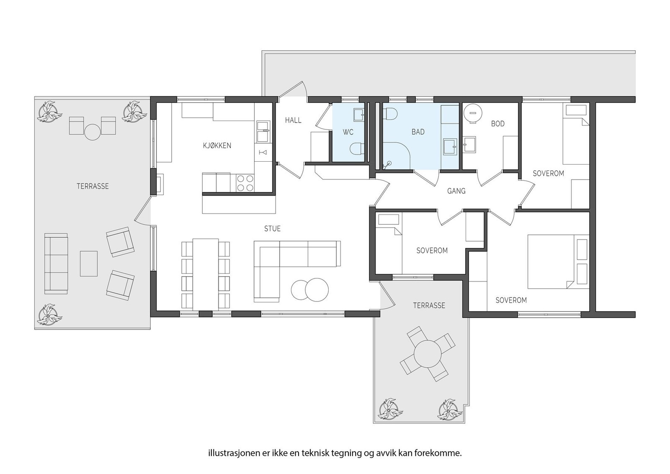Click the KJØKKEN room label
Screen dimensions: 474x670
point(217,146)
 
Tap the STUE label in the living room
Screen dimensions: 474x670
point(272,229)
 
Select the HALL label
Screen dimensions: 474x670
point(293,120)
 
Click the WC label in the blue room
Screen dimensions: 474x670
point(348,132)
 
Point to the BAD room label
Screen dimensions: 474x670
point(418,132)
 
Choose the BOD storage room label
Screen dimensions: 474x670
point(498,124)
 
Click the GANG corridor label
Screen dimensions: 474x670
point(456,191)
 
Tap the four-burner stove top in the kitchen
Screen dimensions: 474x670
point(245,183)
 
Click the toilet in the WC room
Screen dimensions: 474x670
point(356,149)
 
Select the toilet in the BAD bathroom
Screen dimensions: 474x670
point(390,113)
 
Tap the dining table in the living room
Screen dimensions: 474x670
point(205,274)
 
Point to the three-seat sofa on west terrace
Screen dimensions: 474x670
point(56,263)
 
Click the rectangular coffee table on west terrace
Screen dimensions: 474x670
point(89,263)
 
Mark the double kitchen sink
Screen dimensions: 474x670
point(263,131)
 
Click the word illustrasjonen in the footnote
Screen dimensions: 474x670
point(228,453)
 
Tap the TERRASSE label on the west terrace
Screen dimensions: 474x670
point(93,186)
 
